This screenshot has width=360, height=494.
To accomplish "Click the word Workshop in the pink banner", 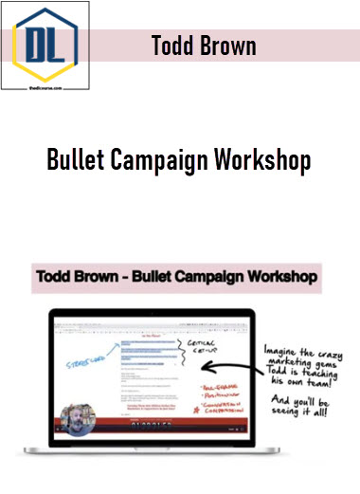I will coord(275,279).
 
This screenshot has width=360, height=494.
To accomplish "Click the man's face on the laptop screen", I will coord(74,420).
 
